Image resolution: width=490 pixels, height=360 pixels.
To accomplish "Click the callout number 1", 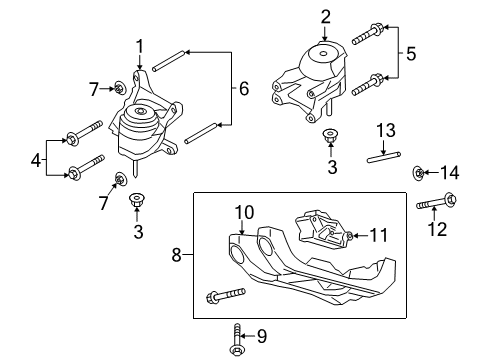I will [141, 44].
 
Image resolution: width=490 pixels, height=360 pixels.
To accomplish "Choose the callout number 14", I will [451, 174].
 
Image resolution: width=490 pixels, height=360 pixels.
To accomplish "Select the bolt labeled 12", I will [431, 207].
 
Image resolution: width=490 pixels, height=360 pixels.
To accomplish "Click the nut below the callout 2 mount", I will [330, 137].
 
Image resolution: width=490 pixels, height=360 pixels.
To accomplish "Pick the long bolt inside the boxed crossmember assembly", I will [227, 296].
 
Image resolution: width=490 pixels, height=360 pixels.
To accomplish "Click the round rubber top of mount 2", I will [324, 53].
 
